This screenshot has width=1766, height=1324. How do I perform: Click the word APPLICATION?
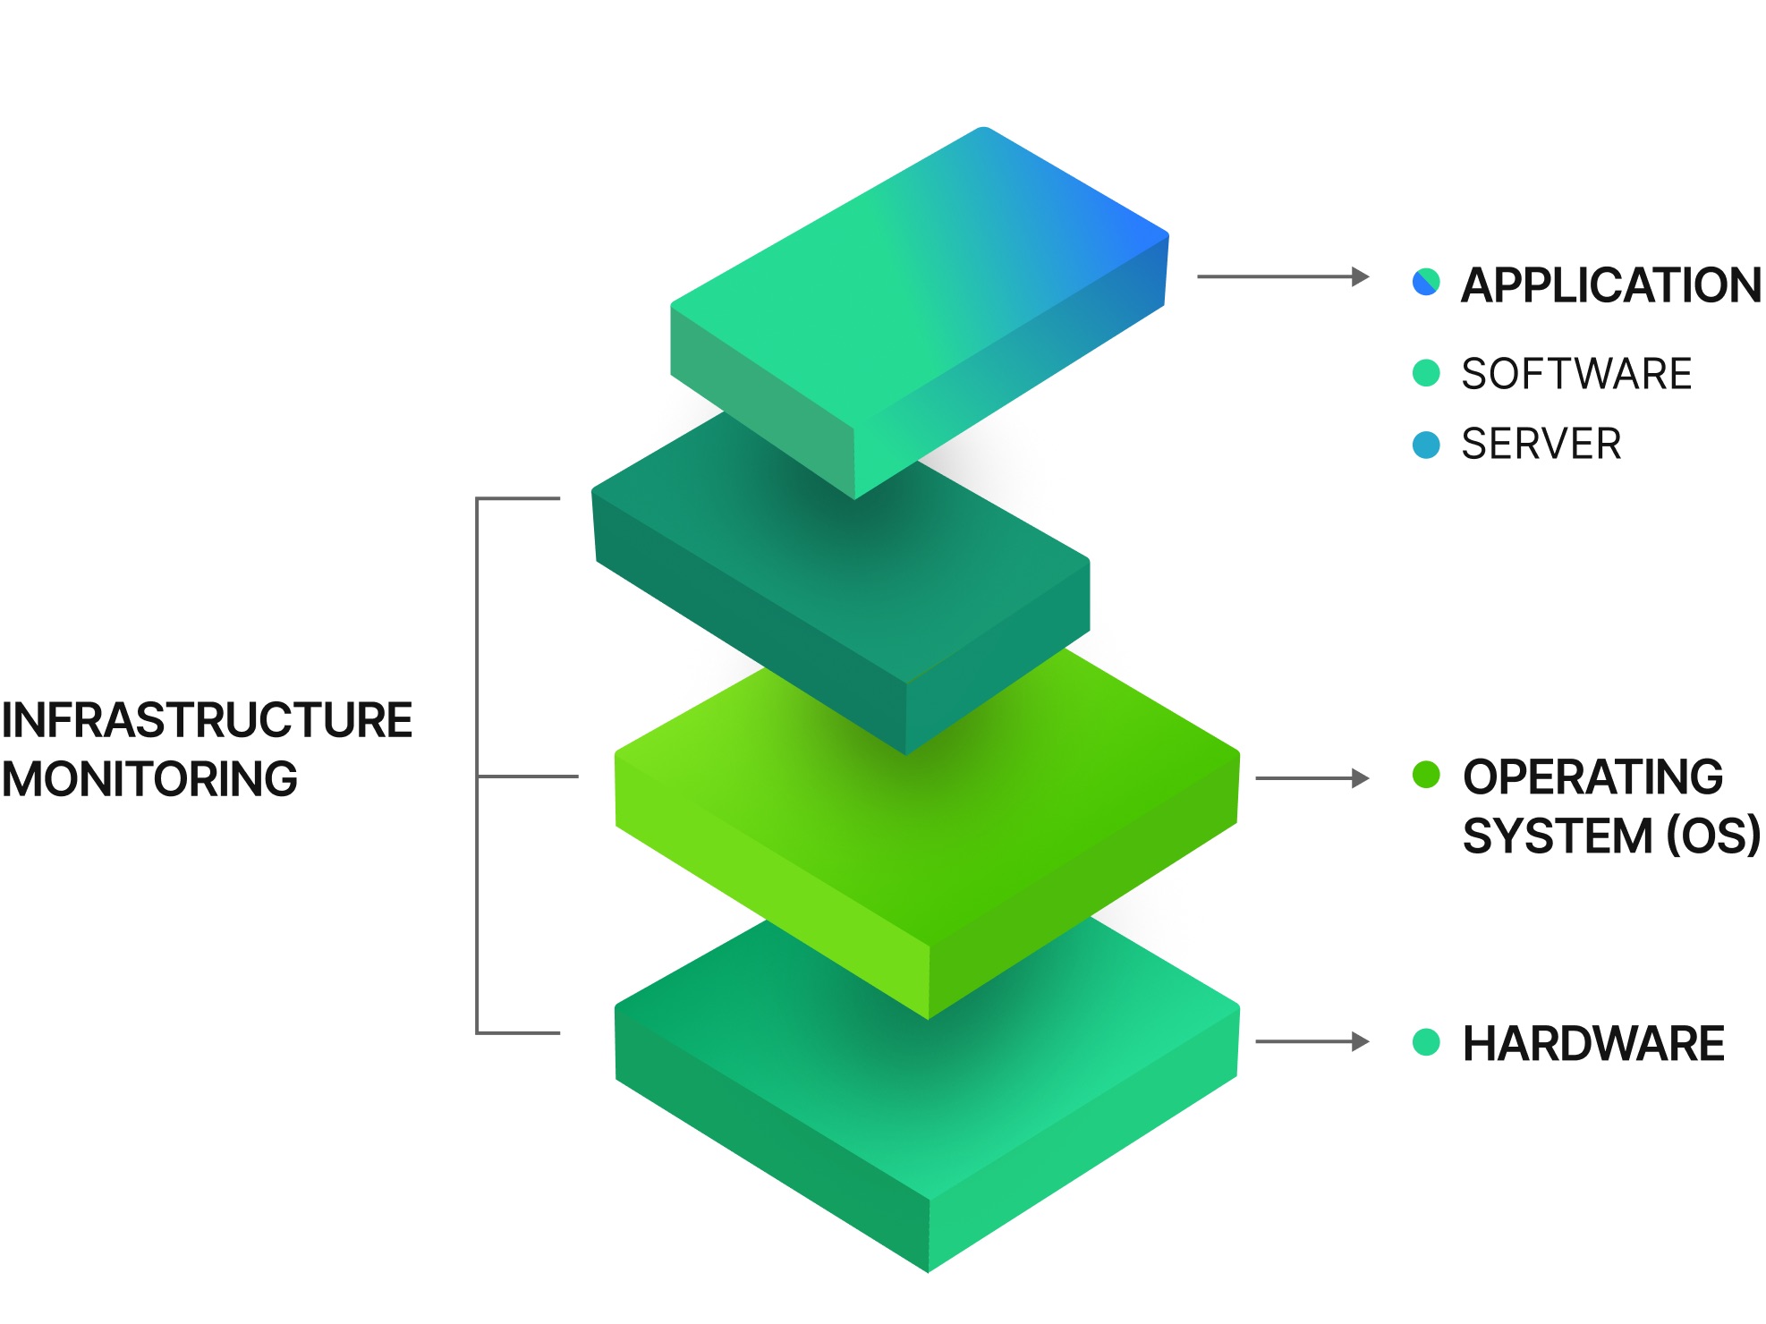pyautogui.click(x=1610, y=285)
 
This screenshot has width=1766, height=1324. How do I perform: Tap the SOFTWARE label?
pyautogui.click(x=1576, y=374)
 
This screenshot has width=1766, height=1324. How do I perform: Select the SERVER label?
pyautogui.click(x=1541, y=445)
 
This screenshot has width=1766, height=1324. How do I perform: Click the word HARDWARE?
pyautogui.click(x=1593, y=1044)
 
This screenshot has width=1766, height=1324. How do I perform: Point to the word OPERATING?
pyautogui.click(x=1592, y=777)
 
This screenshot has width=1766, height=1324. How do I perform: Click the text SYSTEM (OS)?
pyautogui.click(x=1610, y=836)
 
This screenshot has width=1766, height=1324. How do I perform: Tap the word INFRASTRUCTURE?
pyautogui.click(x=207, y=721)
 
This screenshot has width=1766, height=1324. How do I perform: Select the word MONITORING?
pyautogui.click(x=149, y=779)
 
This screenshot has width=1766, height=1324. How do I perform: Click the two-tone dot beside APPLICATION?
pyautogui.click(x=1426, y=282)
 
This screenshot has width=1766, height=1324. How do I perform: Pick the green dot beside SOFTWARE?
pyautogui.click(x=1426, y=373)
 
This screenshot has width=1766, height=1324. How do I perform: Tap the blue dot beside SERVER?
pyautogui.click(x=1426, y=445)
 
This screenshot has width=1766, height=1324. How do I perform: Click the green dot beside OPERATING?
pyautogui.click(x=1426, y=775)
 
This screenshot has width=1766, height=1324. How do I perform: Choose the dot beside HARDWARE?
pyautogui.click(x=1426, y=1042)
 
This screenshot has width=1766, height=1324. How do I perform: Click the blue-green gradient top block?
pyautogui.click(x=921, y=286)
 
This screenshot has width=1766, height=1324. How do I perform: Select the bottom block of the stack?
pyautogui.click(x=930, y=1118)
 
